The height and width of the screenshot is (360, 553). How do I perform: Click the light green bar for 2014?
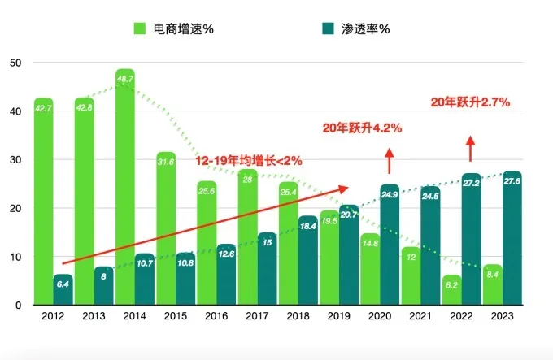pos(125,187)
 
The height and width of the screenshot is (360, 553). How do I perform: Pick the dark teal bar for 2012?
pos(63,290)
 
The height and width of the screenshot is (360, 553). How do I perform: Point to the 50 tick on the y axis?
pos(16,63)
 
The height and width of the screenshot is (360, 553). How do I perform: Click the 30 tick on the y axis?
pos(16,160)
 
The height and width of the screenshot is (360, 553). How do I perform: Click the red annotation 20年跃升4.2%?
pos(363,128)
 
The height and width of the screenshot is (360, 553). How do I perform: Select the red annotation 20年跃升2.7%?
pos(470,102)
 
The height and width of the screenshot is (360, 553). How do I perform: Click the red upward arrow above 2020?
pos(390,160)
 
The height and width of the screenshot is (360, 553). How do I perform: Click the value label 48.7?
pos(125,79)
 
